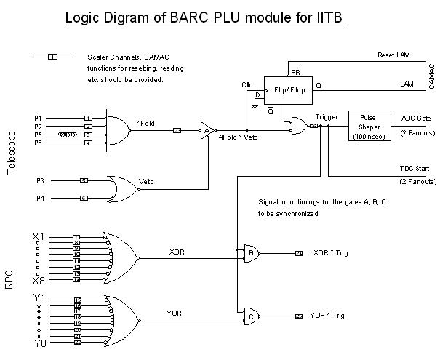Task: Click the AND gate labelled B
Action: click(251, 253)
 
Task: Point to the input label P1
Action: click(39, 117)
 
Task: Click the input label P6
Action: click(39, 143)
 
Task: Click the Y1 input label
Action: click(40, 297)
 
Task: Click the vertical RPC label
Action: click(11, 279)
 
